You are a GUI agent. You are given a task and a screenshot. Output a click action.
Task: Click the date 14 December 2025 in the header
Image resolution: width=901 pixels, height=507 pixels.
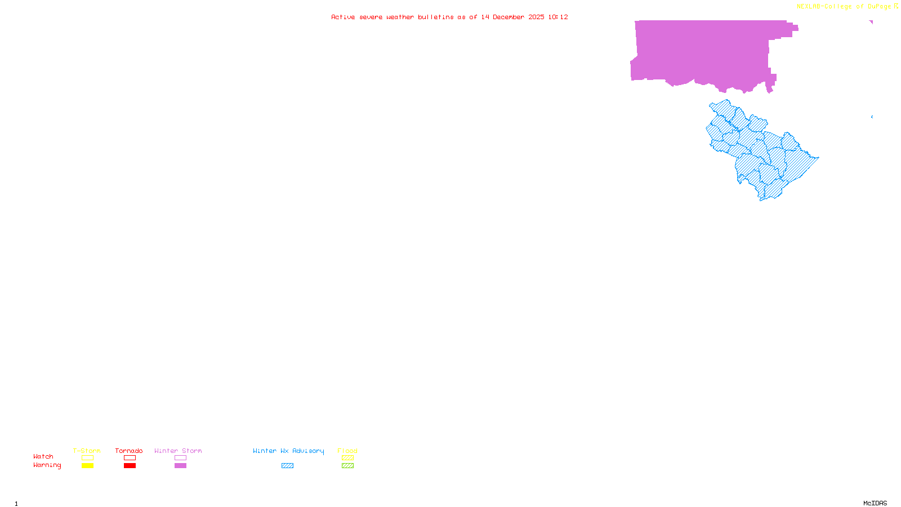point(512,17)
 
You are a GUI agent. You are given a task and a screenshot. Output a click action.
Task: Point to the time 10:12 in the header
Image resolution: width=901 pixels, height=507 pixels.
point(558,17)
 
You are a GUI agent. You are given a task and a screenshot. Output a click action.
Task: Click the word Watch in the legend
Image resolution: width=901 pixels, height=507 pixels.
point(43,457)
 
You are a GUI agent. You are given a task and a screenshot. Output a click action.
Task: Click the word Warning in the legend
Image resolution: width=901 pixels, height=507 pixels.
point(47,465)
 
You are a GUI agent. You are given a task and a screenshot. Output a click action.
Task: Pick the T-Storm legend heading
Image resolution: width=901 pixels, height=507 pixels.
point(87,451)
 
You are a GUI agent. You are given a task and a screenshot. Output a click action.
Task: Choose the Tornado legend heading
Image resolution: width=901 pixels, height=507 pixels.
point(129,451)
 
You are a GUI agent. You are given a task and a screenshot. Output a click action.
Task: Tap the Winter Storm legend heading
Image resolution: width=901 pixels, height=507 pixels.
point(178,451)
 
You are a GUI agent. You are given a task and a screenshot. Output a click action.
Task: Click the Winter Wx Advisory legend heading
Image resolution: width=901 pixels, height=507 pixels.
point(288,451)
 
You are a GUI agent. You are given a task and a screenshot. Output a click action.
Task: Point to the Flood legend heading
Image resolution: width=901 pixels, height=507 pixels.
point(347,451)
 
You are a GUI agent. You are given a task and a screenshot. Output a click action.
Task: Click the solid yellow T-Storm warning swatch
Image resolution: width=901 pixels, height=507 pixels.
point(87,466)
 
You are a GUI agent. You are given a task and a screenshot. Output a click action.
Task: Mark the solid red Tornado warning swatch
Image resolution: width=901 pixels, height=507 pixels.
point(130,466)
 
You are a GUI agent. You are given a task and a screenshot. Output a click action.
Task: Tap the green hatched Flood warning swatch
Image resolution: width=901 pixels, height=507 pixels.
point(347,466)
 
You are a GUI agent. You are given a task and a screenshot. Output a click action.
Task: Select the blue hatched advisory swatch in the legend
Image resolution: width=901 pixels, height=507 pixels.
point(287,466)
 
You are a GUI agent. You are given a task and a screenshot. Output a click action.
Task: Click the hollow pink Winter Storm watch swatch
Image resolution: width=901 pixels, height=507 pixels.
point(180,458)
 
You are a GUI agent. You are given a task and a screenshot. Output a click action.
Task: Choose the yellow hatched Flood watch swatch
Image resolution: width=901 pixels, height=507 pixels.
point(347,458)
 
